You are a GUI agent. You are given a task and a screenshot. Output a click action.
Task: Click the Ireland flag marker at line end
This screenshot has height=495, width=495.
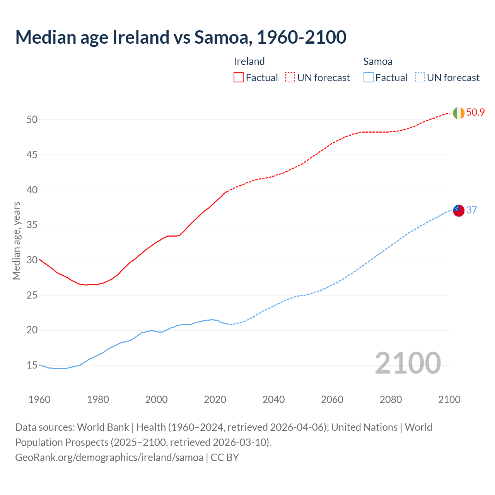click(x=459, y=113)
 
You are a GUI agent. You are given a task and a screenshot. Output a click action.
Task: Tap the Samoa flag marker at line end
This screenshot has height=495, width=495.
click(x=459, y=210)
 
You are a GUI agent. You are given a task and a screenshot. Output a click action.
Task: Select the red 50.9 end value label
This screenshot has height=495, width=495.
click(x=475, y=113)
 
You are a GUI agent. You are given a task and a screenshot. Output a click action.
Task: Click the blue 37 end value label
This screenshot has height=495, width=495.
click(x=471, y=210)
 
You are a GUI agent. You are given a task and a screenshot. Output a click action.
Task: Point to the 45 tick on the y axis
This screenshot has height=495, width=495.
click(x=32, y=155)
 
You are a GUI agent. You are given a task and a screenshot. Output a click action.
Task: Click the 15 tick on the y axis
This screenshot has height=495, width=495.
click(x=32, y=365)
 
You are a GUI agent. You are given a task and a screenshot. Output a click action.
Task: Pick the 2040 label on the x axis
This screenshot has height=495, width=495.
click(x=273, y=399)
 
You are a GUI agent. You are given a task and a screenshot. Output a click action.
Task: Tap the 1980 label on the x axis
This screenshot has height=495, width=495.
click(x=98, y=399)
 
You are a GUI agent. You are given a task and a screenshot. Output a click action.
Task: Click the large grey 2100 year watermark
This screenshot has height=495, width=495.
click(x=408, y=363)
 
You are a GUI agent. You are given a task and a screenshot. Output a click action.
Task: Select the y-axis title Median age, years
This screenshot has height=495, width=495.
click(x=16, y=241)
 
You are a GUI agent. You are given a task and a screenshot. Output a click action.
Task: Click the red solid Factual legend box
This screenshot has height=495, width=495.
click(x=239, y=77)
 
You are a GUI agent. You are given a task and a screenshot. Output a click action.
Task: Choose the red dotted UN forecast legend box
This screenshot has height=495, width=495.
click(x=290, y=77)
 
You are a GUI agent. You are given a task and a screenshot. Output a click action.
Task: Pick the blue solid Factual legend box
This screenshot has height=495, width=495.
click(x=368, y=77)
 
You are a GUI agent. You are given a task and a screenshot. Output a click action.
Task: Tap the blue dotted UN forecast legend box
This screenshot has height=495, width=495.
click(x=420, y=77)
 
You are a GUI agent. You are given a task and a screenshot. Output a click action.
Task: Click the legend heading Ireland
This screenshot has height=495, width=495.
click(x=249, y=61)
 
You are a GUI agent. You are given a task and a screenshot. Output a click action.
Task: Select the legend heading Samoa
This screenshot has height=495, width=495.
click(x=377, y=61)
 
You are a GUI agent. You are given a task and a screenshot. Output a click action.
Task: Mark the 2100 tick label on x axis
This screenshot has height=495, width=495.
click(x=449, y=399)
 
